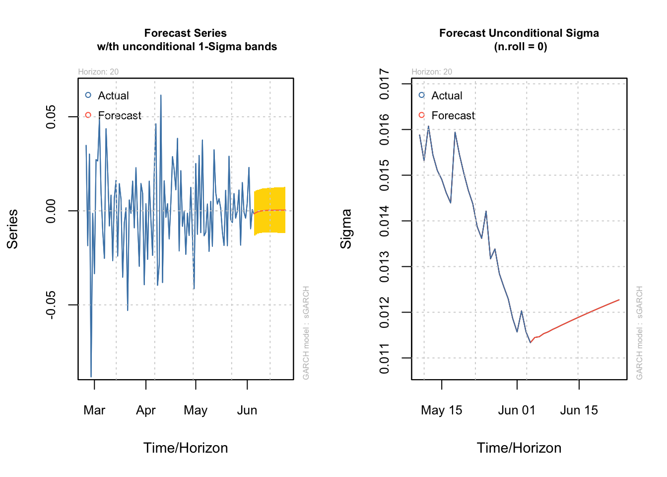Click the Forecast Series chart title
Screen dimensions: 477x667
pyautogui.click(x=186, y=40)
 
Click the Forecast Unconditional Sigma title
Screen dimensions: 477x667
pyautogui.click(x=519, y=40)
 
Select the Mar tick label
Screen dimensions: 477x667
pyautogui.click(x=94, y=410)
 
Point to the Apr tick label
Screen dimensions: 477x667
pyautogui.click(x=146, y=410)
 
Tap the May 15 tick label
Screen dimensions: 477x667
pyautogui.click(x=441, y=410)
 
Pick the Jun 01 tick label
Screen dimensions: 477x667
pyautogui.click(x=517, y=410)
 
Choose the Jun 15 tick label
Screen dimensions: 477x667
pyautogui.click(x=579, y=410)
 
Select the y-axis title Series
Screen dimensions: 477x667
pyautogui.click(x=12, y=229)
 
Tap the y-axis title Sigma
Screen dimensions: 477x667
pyautogui.click(x=346, y=229)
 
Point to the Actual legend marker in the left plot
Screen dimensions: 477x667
pyautogui.click(x=88, y=95)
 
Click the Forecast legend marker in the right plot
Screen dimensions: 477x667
pyautogui.click(x=422, y=115)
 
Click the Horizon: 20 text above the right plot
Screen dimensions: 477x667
pyautogui.click(x=432, y=72)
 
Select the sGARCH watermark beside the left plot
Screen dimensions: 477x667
pyautogui.click(x=306, y=333)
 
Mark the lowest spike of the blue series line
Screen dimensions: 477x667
pyautogui.click(x=91, y=376)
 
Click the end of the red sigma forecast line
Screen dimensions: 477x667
pyautogui.click(x=619, y=300)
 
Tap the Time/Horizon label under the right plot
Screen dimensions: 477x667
pyautogui.click(x=519, y=448)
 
